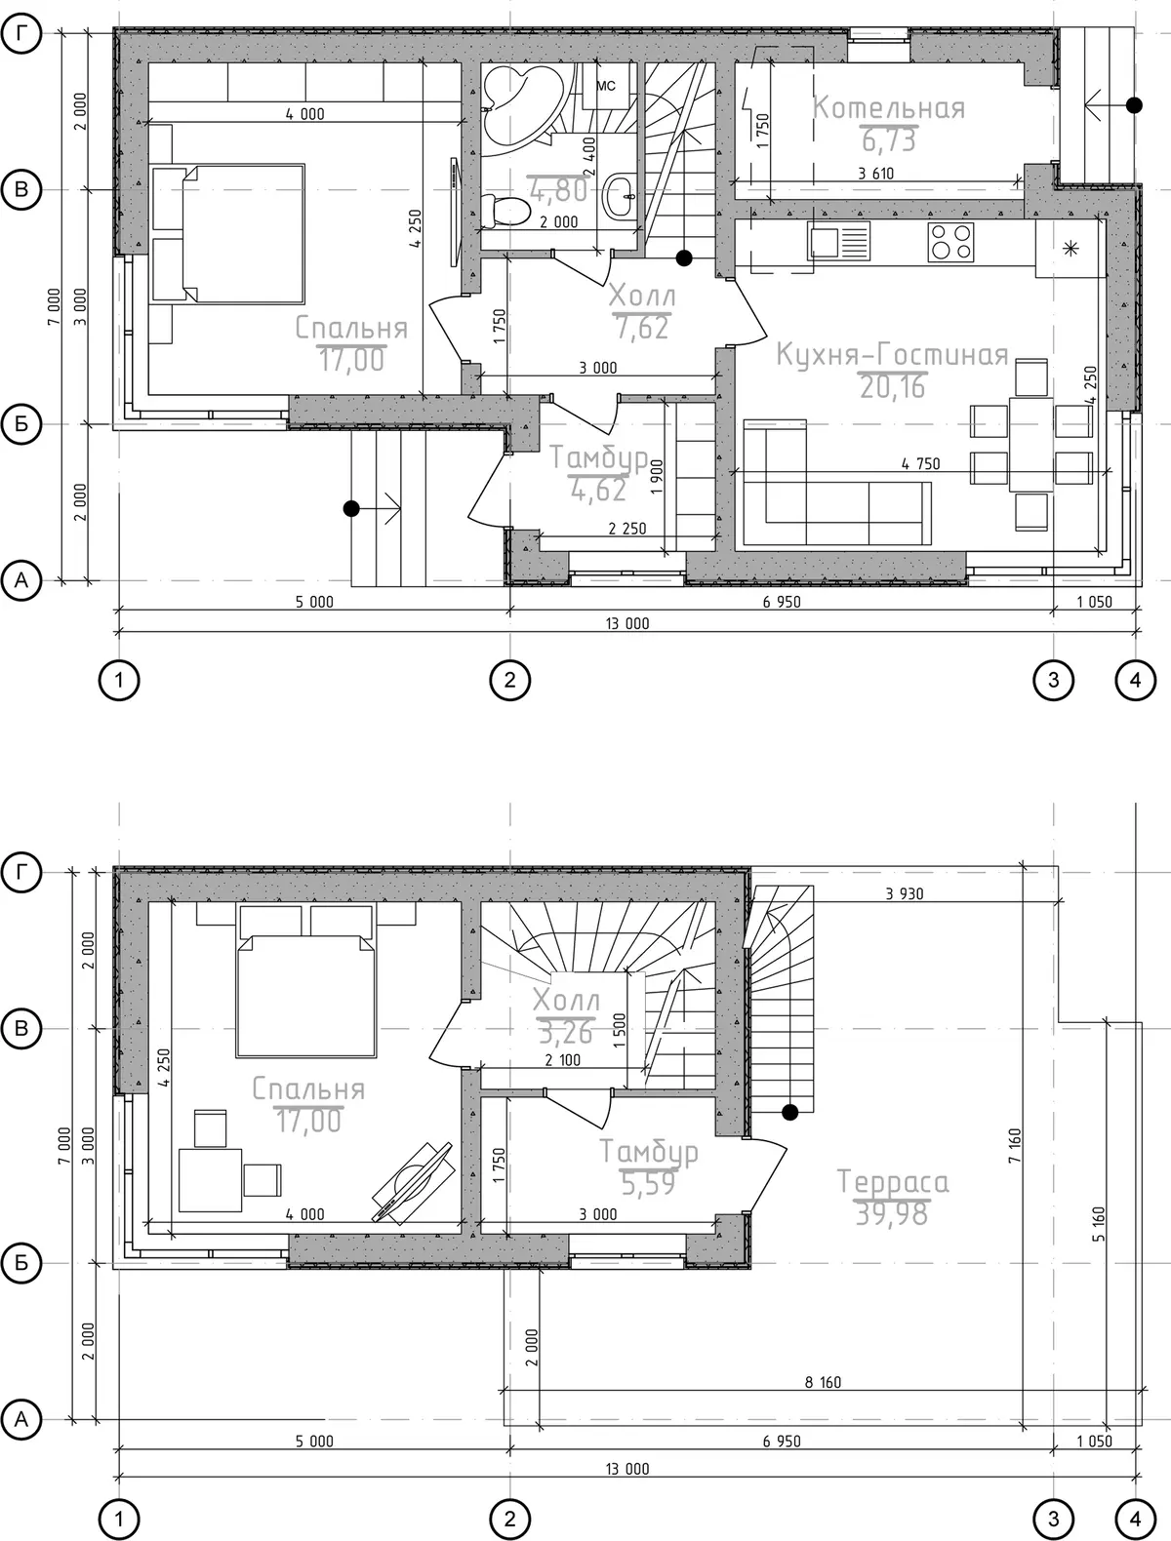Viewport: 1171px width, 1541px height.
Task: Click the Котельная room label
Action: pos(889,108)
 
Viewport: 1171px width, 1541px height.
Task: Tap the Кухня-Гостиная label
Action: pos(892,355)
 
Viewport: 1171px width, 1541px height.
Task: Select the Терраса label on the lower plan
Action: pos(892,1182)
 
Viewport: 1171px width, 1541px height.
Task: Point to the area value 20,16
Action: pos(892,387)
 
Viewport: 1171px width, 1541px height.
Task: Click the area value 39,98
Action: pos(892,1214)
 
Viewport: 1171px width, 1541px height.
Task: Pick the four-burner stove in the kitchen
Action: pos(950,242)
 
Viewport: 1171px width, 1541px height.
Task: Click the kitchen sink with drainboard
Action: pos(839,241)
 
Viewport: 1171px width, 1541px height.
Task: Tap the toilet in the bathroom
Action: pos(505,211)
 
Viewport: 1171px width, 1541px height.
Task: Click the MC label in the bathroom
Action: pos(606,86)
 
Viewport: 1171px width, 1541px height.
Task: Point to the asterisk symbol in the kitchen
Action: pos(1070,248)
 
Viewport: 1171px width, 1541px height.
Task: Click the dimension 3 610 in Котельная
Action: pos(876,174)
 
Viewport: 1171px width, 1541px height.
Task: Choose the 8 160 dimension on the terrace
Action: pos(823,1382)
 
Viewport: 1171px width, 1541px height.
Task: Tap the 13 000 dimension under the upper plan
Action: pos(627,623)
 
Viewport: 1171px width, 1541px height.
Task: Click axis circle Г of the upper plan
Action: pos(21,33)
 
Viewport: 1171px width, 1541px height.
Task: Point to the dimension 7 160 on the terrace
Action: pos(1014,1146)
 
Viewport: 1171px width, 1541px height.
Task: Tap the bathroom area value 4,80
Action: pos(559,190)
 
